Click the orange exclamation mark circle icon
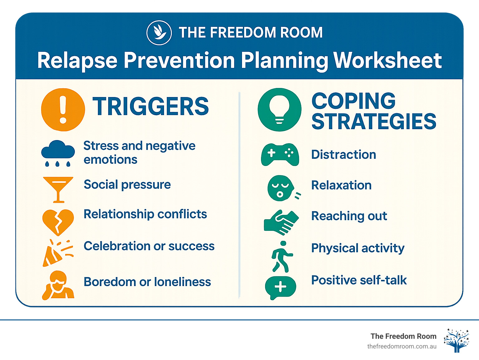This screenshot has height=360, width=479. click(63, 109)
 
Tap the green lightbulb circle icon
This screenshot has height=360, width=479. click(279, 109)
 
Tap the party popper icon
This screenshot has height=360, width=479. click(57, 253)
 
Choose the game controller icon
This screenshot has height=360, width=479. click(280, 154)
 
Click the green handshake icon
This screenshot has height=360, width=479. click(281, 222)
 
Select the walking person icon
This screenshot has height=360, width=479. click(282, 256)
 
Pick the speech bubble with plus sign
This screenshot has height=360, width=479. click(280, 287)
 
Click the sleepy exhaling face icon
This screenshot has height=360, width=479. click(281, 188)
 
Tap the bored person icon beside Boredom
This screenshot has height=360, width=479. click(58, 285)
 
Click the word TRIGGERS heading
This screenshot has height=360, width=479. click(151, 107)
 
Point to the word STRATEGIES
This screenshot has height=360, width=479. click(374, 122)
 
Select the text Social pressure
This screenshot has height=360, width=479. click(127, 185)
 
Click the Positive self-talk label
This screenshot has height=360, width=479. click(359, 280)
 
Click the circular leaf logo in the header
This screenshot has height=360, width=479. click(159, 33)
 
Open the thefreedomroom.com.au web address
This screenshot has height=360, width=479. click(402, 346)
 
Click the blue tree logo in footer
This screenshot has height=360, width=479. click(457, 340)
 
